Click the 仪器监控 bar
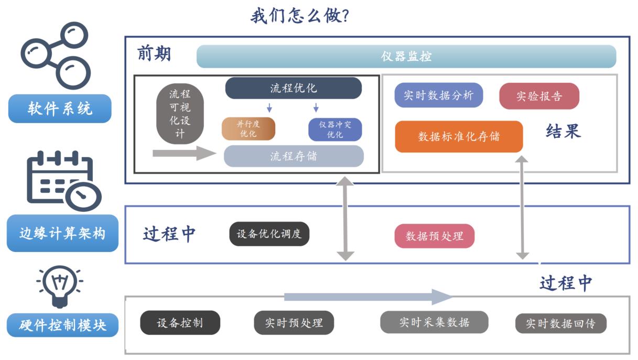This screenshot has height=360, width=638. pos(406,57)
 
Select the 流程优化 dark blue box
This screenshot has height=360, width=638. pos(293,88)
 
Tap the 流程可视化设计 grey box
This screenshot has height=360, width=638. pos(180,114)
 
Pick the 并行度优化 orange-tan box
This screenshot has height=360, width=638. pos(248,129)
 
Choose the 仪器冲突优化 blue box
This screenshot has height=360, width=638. pos(334,129)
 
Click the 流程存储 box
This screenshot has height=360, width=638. pos(293,156)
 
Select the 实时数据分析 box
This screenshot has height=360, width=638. pos(438,95)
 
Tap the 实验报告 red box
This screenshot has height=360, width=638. pos(539,96)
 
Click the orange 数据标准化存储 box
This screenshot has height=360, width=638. pos(459,137)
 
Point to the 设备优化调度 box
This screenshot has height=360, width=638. pos(269,234)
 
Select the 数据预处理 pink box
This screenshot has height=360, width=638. pos(434,236)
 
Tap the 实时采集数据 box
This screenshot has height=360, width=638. pos(434,322)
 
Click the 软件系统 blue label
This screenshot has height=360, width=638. pos(60,109)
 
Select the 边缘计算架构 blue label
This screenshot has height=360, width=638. pos(62,233)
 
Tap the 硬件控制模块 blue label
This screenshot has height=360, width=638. pos(62,325)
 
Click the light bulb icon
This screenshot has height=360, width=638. pos(59,285)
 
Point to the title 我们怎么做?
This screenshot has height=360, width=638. pos(300,16)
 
